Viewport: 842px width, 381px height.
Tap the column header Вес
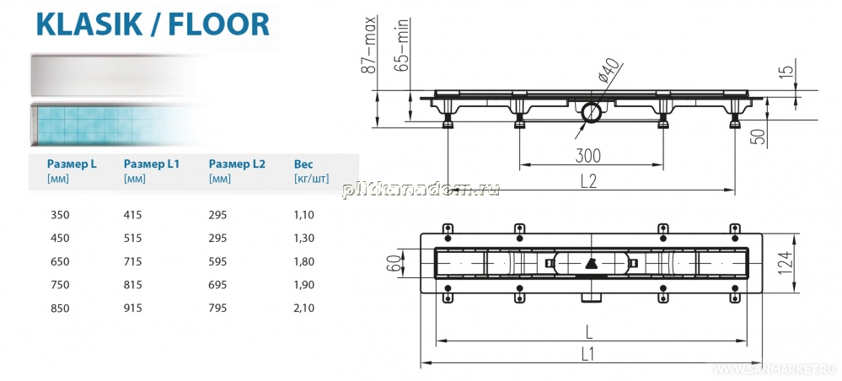[x=303, y=164]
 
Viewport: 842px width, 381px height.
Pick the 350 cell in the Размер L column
[x=60, y=215]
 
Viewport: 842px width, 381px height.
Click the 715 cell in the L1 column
[x=132, y=261]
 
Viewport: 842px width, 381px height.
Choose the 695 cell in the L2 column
[x=217, y=285]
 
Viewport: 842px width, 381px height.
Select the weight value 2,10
[x=304, y=309]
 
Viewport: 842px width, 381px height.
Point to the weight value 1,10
[x=304, y=215]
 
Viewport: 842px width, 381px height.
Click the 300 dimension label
[x=588, y=156]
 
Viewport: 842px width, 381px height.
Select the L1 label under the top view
[x=588, y=353]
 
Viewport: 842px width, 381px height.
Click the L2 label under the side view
[x=589, y=181]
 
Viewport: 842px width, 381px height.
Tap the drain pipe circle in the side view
[x=591, y=111]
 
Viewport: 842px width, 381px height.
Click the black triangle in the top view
[x=591, y=264]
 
